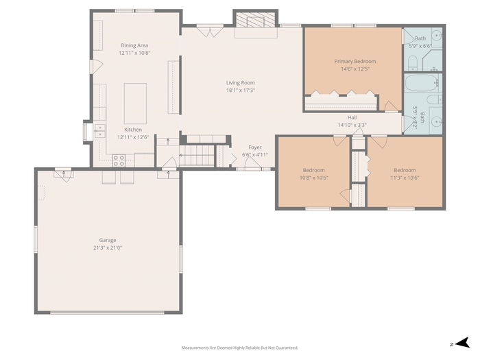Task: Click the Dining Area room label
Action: [134, 45]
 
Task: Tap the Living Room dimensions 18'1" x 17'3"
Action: [240, 91]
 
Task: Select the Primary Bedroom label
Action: [355, 61]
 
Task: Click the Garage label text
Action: [108, 240]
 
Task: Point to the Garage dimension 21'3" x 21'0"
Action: [108, 248]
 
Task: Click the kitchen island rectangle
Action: [135, 103]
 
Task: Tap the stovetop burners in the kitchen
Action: [119, 160]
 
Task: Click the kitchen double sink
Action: [99, 131]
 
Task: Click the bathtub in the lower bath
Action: [421, 83]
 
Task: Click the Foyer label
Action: [254, 147]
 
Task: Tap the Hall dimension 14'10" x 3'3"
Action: [352, 125]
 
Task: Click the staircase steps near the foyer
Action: [197, 155]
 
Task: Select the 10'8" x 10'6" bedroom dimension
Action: [314, 178]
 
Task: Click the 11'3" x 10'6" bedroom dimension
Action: [405, 178]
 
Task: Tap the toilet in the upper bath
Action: [413, 62]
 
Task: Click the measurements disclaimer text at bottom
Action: [240, 348]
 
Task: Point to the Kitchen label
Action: [133, 130]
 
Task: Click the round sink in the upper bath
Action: [437, 36]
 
